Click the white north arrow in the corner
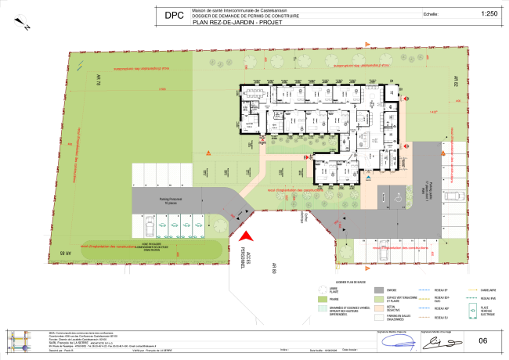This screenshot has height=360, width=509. (x=21, y=20)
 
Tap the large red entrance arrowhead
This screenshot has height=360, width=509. (x=246, y=236)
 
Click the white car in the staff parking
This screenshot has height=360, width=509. (x=150, y=226)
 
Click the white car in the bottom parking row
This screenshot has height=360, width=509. (x=384, y=250)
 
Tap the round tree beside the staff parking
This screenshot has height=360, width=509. (x=220, y=225)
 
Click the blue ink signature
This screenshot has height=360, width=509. (x=399, y=343)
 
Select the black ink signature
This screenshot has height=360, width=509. (x=442, y=343)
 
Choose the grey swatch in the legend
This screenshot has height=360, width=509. (x=379, y=290)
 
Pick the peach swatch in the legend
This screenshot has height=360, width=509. (x=379, y=308)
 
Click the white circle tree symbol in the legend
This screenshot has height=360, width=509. (x=323, y=290)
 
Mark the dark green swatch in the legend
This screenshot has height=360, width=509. (x=323, y=308)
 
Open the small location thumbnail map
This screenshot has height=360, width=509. (x=19, y=341)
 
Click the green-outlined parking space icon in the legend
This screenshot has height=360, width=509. (x=471, y=311)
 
